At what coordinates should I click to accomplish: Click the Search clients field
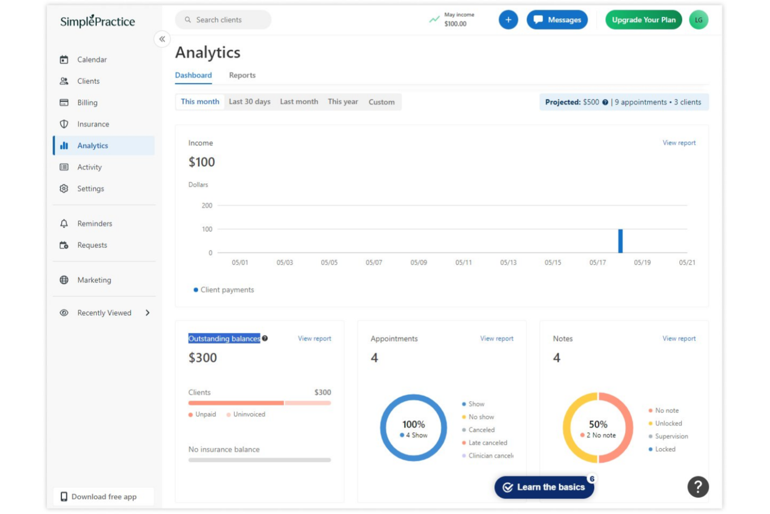pos(223,20)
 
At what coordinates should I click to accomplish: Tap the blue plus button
pos(508,20)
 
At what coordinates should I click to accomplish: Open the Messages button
pos(557,20)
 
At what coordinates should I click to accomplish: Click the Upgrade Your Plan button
pos(644,20)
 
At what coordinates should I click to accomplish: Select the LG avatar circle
pos(699,20)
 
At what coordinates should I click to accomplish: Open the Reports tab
pos(242,75)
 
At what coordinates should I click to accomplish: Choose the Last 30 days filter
pos(250,102)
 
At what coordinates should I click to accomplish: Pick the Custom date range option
pos(381,102)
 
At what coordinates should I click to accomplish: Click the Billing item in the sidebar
pos(87,103)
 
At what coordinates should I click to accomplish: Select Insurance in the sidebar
pos(93,124)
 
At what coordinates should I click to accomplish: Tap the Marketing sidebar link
pos(94,280)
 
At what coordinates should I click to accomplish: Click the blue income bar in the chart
pos(620,241)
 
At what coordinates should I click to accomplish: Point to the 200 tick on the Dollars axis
pos(207,205)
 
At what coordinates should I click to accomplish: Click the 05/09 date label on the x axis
pos(419,262)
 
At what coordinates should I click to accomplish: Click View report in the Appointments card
pos(496,339)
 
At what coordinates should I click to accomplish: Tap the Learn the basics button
pos(544,487)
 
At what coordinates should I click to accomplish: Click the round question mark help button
pos(698,487)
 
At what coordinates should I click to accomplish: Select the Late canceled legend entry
pos(484,443)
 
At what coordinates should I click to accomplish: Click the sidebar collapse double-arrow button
pos(162,39)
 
